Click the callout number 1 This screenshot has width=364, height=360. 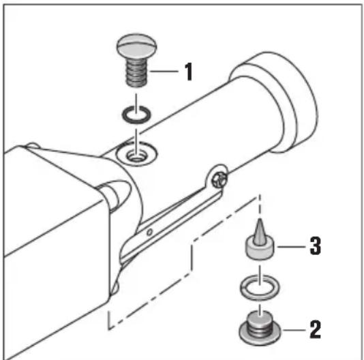[189, 72]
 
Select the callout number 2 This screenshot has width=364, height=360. [315, 329]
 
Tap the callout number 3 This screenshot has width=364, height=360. [316, 246]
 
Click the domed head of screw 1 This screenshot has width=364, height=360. [136, 46]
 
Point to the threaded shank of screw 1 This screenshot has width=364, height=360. [137, 72]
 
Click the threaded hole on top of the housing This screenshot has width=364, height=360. [136, 155]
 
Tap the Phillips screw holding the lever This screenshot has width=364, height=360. [219, 179]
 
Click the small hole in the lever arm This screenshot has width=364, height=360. [150, 232]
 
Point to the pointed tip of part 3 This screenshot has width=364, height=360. [260, 219]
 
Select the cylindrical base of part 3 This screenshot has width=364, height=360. [260, 250]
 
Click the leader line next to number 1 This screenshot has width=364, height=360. [164, 71]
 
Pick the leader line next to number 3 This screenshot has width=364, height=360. [291, 246]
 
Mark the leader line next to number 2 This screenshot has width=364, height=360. [294, 330]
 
